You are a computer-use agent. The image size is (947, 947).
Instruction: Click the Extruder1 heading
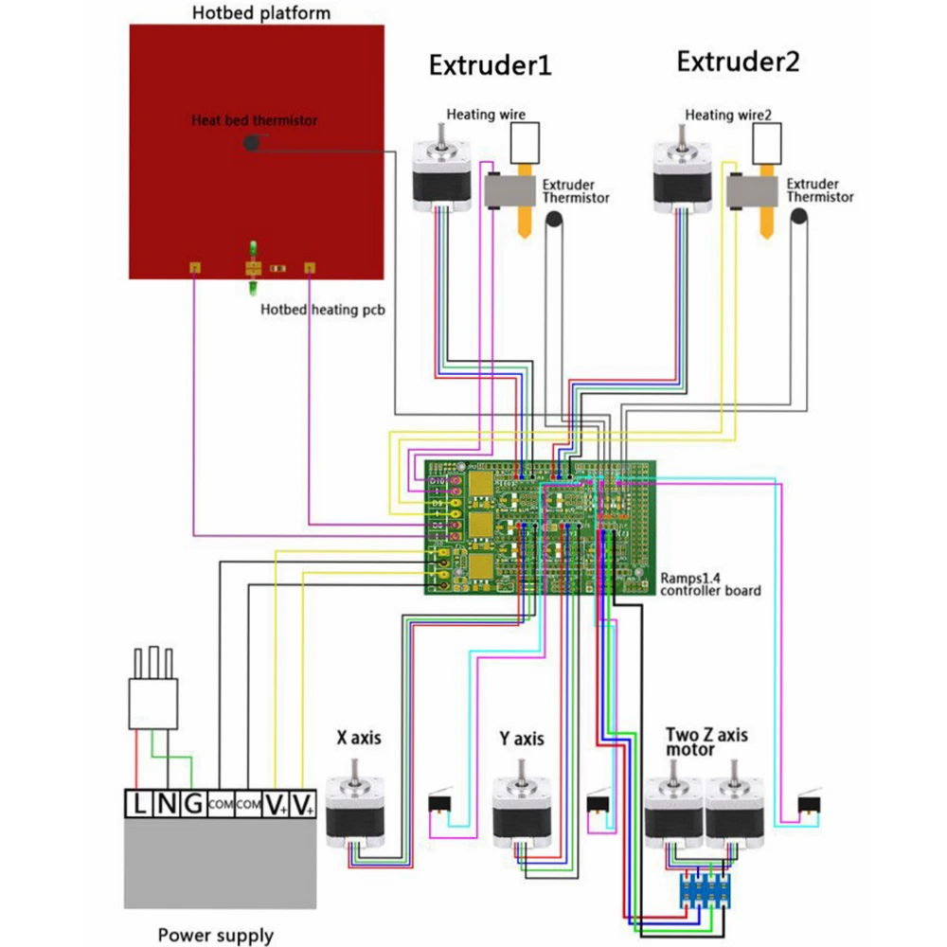point(490,65)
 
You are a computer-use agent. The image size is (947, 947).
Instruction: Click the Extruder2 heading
point(738,63)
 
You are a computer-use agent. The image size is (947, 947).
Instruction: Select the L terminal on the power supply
point(139,805)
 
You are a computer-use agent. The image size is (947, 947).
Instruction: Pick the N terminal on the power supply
point(166,805)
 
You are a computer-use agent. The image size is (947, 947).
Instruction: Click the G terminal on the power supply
point(192,805)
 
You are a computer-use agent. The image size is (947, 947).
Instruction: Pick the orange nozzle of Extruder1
point(523,222)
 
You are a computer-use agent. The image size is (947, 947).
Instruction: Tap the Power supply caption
point(216,936)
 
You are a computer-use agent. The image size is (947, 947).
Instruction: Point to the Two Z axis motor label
point(706,742)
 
